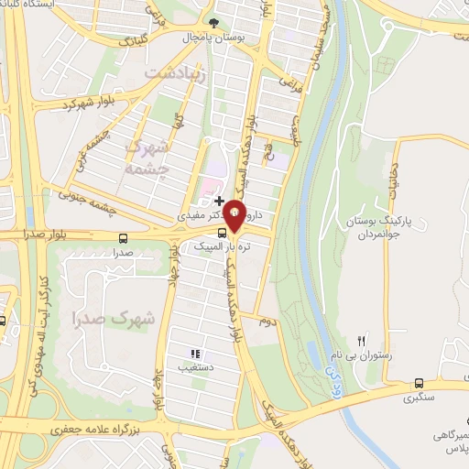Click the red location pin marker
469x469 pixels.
click(235, 215)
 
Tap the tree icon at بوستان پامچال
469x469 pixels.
click(214, 21)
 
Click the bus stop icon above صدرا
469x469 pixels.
click(124, 237)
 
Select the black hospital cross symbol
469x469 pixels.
click(219, 200)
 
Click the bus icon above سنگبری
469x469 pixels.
click(419, 384)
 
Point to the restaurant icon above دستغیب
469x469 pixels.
click(194, 354)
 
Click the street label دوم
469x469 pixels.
click(267, 323)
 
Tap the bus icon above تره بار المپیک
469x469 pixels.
click(224, 234)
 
